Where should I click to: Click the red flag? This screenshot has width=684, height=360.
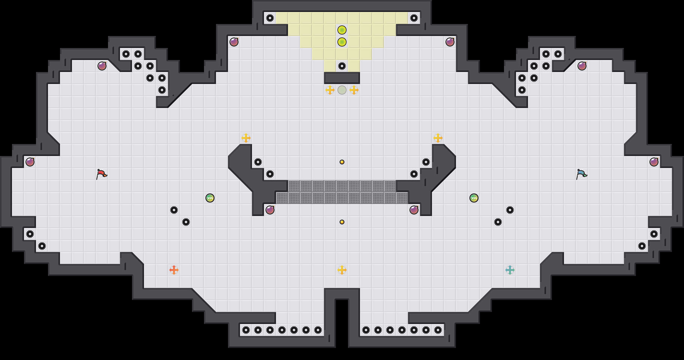click(x=101, y=174)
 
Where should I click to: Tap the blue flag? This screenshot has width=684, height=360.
click(x=581, y=174)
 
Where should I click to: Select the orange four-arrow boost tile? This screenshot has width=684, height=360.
click(x=174, y=270)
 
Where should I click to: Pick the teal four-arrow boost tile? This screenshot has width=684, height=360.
click(x=510, y=270)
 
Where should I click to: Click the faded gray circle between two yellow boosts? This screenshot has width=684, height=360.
click(x=342, y=90)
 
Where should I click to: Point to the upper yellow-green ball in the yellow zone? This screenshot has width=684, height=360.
click(x=342, y=30)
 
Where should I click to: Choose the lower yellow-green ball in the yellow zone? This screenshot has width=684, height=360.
click(x=342, y=42)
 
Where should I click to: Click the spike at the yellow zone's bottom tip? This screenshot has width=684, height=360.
click(x=342, y=66)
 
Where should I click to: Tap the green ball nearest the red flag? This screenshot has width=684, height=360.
click(x=210, y=198)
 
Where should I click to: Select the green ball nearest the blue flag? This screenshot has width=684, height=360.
click(x=474, y=198)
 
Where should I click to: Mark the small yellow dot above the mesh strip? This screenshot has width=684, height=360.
click(x=342, y=162)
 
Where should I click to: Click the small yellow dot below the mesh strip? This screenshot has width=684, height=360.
click(x=342, y=222)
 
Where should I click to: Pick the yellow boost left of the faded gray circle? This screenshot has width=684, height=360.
click(x=330, y=90)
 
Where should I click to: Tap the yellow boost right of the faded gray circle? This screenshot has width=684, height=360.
click(x=354, y=90)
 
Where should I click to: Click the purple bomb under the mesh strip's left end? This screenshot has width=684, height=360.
click(x=270, y=210)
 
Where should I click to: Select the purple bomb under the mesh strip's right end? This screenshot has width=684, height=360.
click(x=414, y=210)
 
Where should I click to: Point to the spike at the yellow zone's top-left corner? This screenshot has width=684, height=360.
click(x=270, y=18)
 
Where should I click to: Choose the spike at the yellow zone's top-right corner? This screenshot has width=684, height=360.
click(x=414, y=18)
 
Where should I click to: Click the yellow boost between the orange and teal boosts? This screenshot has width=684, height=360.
click(x=342, y=270)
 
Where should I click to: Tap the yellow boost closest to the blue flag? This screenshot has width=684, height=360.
click(x=438, y=138)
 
